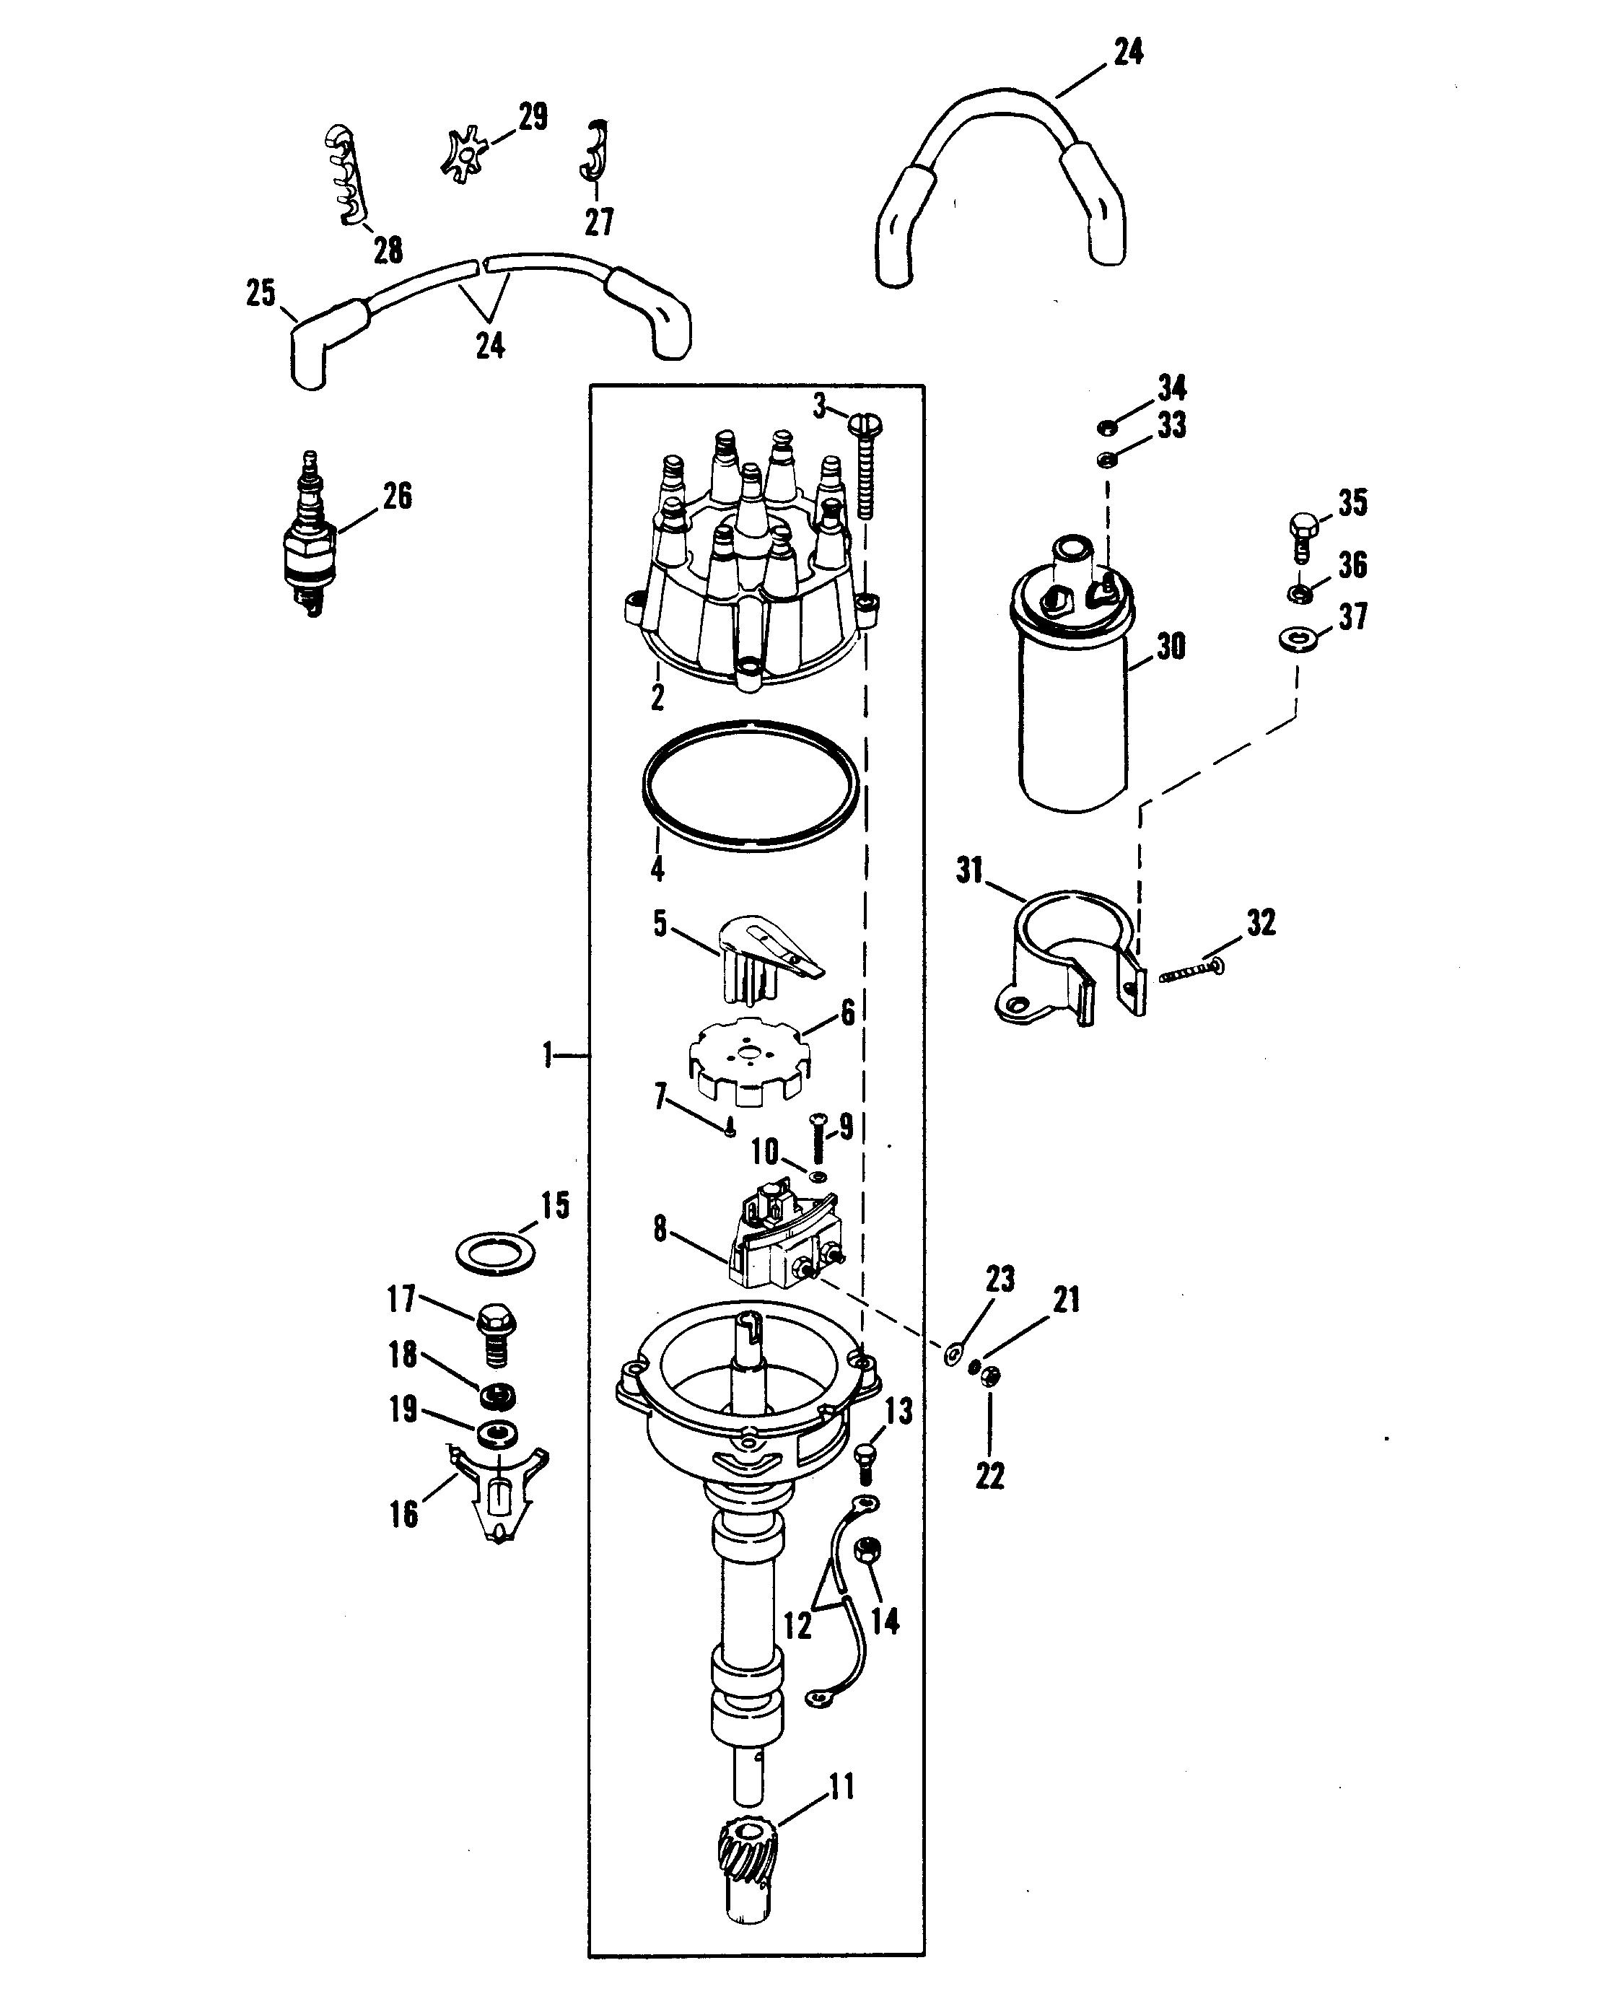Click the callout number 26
[x=397, y=497]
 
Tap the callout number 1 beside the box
[x=548, y=1056]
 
